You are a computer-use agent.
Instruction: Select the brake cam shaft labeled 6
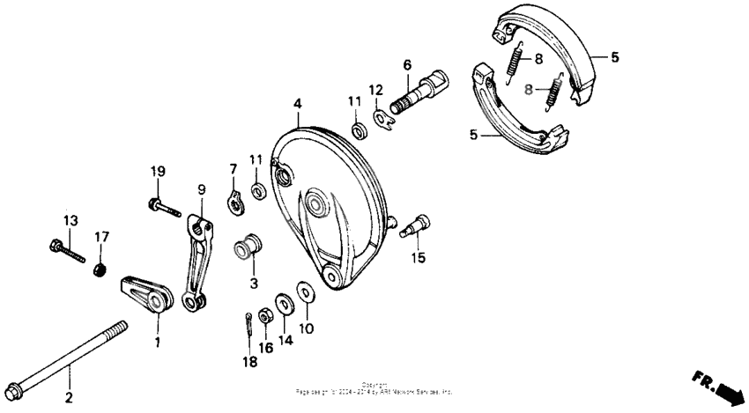419,92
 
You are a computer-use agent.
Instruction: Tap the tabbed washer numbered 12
382,117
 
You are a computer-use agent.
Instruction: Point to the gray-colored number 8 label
529,88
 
